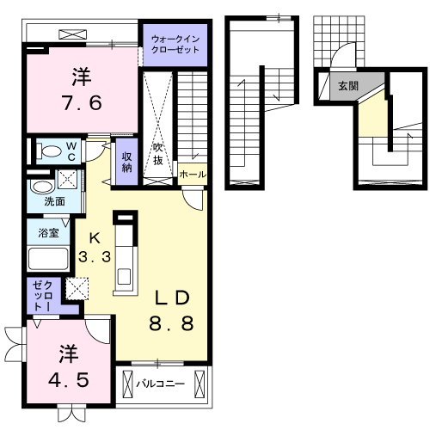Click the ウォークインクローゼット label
(x=175, y=45)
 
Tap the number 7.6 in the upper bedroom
(x=82, y=102)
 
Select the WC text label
(x=71, y=151)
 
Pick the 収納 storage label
(x=126, y=161)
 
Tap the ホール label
(x=192, y=174)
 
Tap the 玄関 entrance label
(x=347, y=86)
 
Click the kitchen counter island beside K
(x=126, y=254)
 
